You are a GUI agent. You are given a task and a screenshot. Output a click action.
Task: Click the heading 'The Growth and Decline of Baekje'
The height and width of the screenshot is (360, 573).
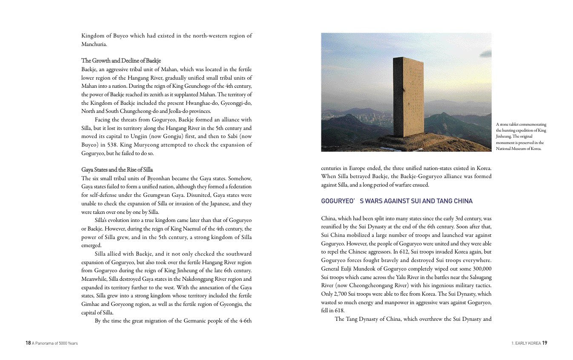tap(121, 61)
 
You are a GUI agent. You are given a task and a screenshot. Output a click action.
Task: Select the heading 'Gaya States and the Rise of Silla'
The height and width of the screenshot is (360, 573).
tap(117, 170)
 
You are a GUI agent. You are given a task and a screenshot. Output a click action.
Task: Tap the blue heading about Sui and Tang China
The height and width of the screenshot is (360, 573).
tap(397, 201)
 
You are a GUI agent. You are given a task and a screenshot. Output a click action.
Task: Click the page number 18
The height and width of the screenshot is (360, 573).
tap(28, 343)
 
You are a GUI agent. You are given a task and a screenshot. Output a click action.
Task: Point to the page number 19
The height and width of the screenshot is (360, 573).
tap(544, 343)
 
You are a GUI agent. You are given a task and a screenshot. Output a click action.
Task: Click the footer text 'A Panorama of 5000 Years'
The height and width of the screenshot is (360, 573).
tap(55, 343)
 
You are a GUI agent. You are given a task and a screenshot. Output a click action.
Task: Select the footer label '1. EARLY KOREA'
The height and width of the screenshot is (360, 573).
tap(526, 343)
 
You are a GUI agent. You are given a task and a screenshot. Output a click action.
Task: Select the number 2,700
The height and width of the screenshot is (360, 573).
tap(341, 294)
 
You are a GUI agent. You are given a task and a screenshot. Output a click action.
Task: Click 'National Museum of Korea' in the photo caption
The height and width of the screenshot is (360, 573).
tap(519, 149)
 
